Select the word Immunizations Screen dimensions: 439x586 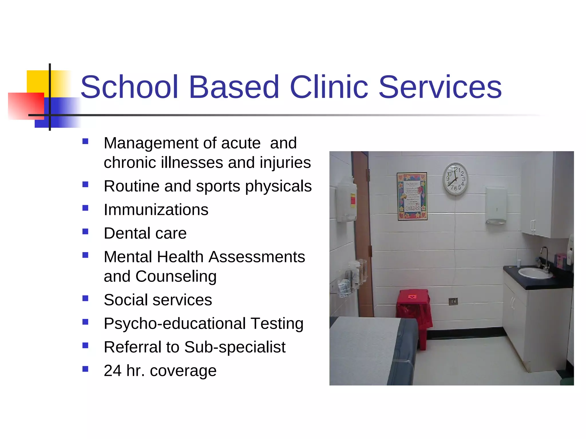[156, 209]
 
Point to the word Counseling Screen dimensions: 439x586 [176, 276]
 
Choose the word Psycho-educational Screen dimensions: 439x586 [175, 324]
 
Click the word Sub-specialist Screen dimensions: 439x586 [235, 347]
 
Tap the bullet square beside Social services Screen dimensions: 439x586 [85, 298]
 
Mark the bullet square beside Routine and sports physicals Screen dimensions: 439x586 [85, 184]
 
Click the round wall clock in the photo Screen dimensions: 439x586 [455, 179]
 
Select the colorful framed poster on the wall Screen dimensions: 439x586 [412, 196]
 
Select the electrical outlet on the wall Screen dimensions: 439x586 [453, 301]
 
